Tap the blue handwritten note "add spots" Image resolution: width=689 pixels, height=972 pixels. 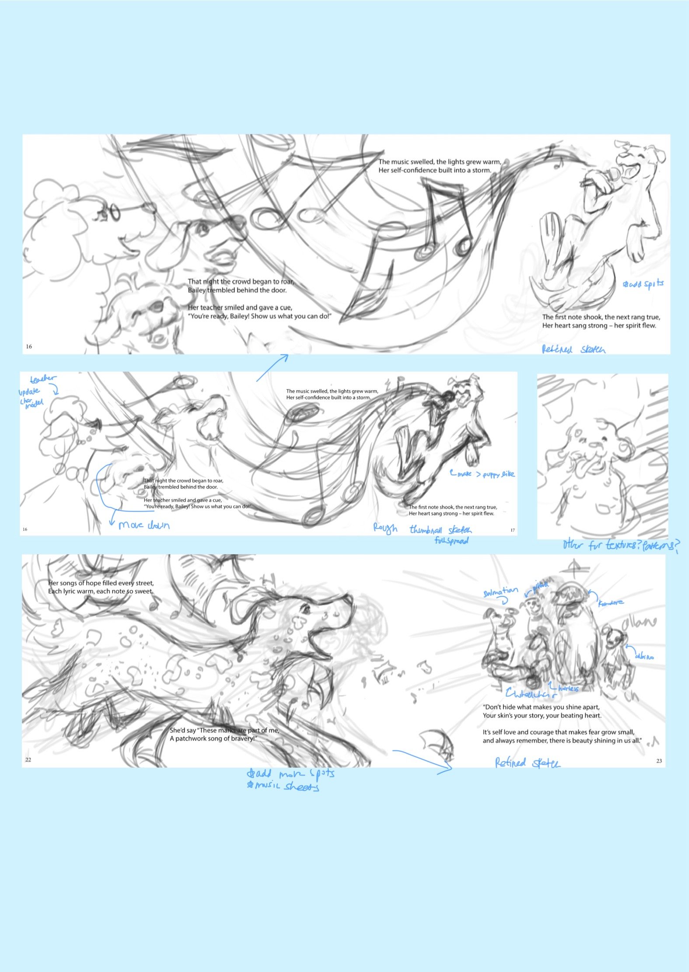[x=644, y=284]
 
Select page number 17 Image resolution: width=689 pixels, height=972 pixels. [x=513, y=530]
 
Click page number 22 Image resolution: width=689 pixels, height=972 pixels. [x=28, y=759]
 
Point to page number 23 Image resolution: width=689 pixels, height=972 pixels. [x=659, y=761]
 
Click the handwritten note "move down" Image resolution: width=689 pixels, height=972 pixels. [x=144, y=525]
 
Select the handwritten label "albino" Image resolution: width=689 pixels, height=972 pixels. [x=644, y=656]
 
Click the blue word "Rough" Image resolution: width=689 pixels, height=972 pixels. [x=385, y=528]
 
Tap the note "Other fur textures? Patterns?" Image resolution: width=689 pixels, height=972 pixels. [x=621, y=545]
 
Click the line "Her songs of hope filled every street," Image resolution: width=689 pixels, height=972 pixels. [x=101, y=583]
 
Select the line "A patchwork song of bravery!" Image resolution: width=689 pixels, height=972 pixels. [x=212, y=739]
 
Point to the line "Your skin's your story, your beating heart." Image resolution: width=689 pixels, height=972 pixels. [x=542, y=716]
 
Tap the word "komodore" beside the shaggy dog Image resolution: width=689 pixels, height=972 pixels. [x=611, y=603]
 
